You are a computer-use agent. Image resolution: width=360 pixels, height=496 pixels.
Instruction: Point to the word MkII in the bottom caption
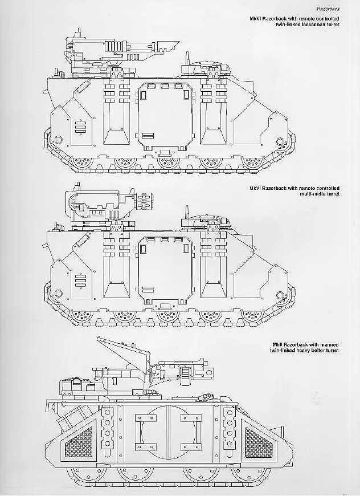pyautogui.click(x=277, y=345)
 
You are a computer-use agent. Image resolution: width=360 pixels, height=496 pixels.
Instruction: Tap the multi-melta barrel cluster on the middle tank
pyautogui.click(x=144, y=201)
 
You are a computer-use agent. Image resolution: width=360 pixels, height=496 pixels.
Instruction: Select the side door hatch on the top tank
pyautogui.click(x=165, y=117)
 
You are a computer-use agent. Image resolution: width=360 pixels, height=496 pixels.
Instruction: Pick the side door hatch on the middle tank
pyautogui.click(x=165, y=270)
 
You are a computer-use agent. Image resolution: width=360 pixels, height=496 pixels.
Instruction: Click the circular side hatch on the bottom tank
pyautogui.click(x=169, y=432)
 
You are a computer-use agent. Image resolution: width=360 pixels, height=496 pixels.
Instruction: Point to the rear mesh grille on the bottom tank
pyautogui.click(x=79, y=442)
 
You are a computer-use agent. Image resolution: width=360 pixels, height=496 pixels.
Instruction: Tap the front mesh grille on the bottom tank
pyautogui.click(x=259, y=442)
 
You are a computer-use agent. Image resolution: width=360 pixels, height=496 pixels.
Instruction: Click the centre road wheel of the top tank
pyautogui.click(x=168, y=162)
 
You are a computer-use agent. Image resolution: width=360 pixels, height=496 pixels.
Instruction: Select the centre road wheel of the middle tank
pyautogui.click(x=168, y=315)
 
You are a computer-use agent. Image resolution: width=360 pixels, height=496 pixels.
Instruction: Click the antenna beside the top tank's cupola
pyautogui.click(x=187, y=59)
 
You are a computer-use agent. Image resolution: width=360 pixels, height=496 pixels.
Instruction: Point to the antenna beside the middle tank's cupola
pyautogui.click(x=187, y=213)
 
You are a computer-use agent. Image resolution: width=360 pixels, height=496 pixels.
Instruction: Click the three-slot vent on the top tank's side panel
pyautogui.click(x=80, y=127)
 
